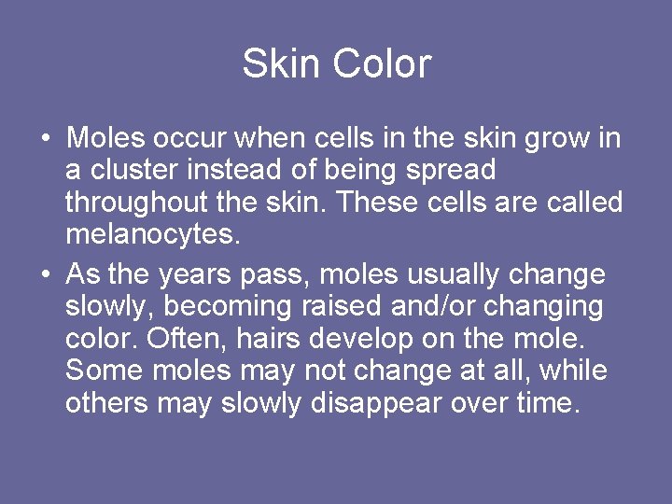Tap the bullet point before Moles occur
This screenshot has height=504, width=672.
pos(45,140)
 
